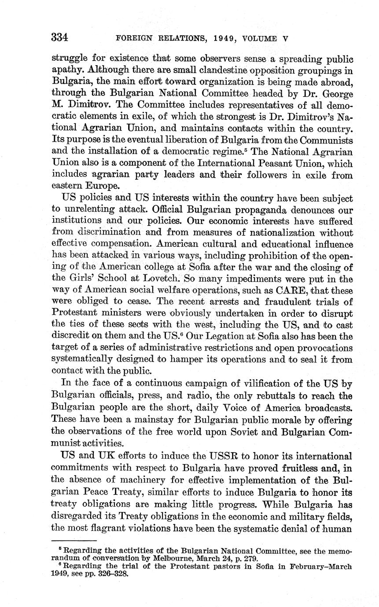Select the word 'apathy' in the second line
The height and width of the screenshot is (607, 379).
pos(66,70)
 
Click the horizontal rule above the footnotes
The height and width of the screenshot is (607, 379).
pos(74,540)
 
